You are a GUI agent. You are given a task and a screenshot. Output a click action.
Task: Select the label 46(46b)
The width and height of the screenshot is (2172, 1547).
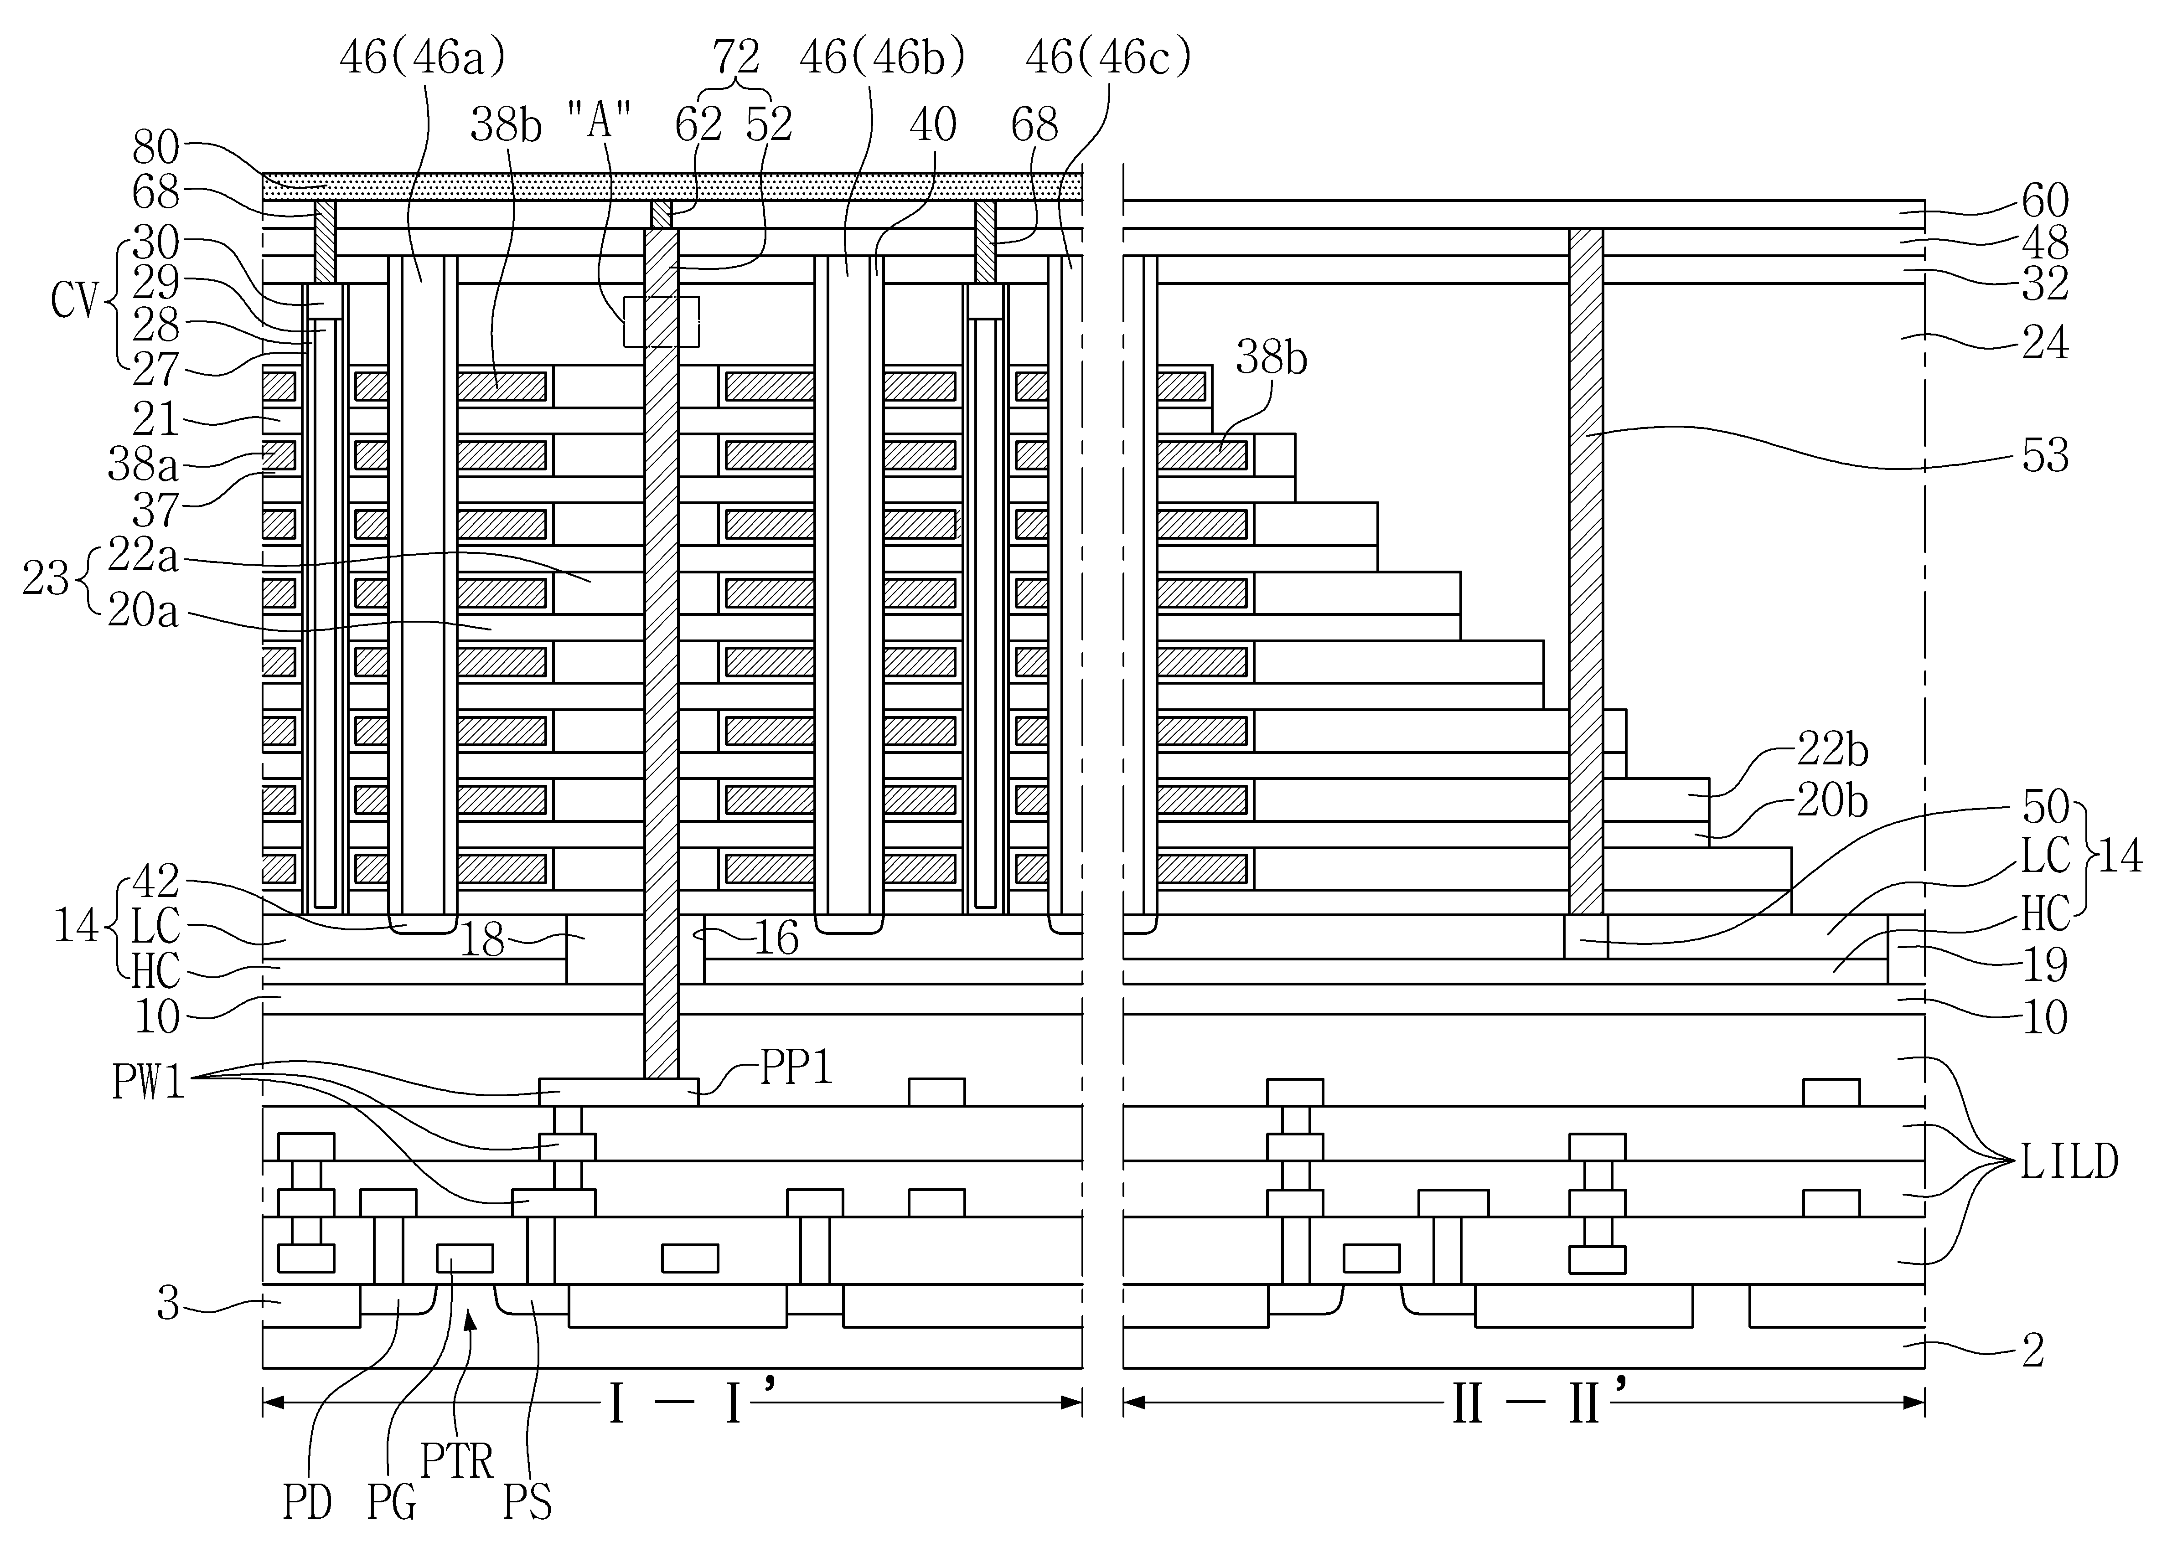coord(882,59)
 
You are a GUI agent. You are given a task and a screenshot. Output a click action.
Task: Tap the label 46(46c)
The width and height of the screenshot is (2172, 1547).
coord(1108,59)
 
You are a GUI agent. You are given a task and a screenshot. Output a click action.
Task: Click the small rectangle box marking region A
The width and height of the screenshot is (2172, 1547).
coord(661,322)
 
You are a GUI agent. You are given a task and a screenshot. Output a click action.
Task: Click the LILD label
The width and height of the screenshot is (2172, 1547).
coord(2069,1162)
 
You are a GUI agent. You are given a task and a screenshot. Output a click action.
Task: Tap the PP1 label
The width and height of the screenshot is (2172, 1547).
coord(796,1069)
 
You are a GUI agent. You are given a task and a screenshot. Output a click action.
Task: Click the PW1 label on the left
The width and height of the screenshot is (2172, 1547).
coord(149,1083)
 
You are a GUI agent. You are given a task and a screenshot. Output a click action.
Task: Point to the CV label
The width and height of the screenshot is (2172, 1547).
coord(74,302)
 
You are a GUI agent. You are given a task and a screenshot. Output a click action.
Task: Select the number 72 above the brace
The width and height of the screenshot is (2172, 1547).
coord(736,59)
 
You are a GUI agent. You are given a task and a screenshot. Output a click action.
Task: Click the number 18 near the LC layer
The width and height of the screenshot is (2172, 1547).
coord(482,941)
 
